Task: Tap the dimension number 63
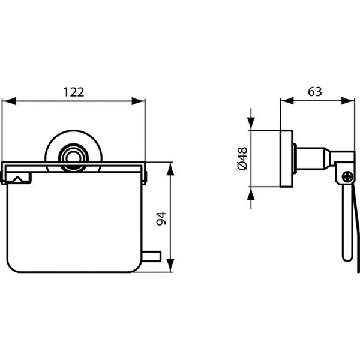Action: click(314, 92)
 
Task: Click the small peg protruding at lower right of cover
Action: click(152, 257)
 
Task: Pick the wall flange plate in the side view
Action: click(286, 158)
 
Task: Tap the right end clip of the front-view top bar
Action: click(144, 175)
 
